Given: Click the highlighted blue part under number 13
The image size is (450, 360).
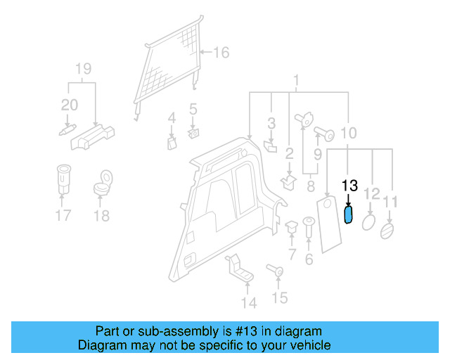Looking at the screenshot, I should (x=348, y=214).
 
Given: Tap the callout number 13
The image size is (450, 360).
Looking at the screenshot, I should (x=349, y=186).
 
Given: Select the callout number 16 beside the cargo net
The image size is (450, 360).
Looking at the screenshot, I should (x=221, y=52).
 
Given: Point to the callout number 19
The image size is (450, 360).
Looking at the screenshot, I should (x=84, y=69).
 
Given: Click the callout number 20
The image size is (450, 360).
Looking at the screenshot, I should (x=69, y=105).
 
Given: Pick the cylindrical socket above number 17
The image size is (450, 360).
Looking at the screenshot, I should (x=63, y=180).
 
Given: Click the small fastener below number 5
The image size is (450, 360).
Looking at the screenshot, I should (x=193, y=131).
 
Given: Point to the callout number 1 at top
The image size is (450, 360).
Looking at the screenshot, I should (x=296, y=79).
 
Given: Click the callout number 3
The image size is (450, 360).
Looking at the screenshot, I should (x=271, y=124).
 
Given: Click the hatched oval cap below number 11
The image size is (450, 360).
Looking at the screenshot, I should (x=387, y=230).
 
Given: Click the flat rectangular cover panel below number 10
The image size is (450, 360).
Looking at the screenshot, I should (x=329, y=224).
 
